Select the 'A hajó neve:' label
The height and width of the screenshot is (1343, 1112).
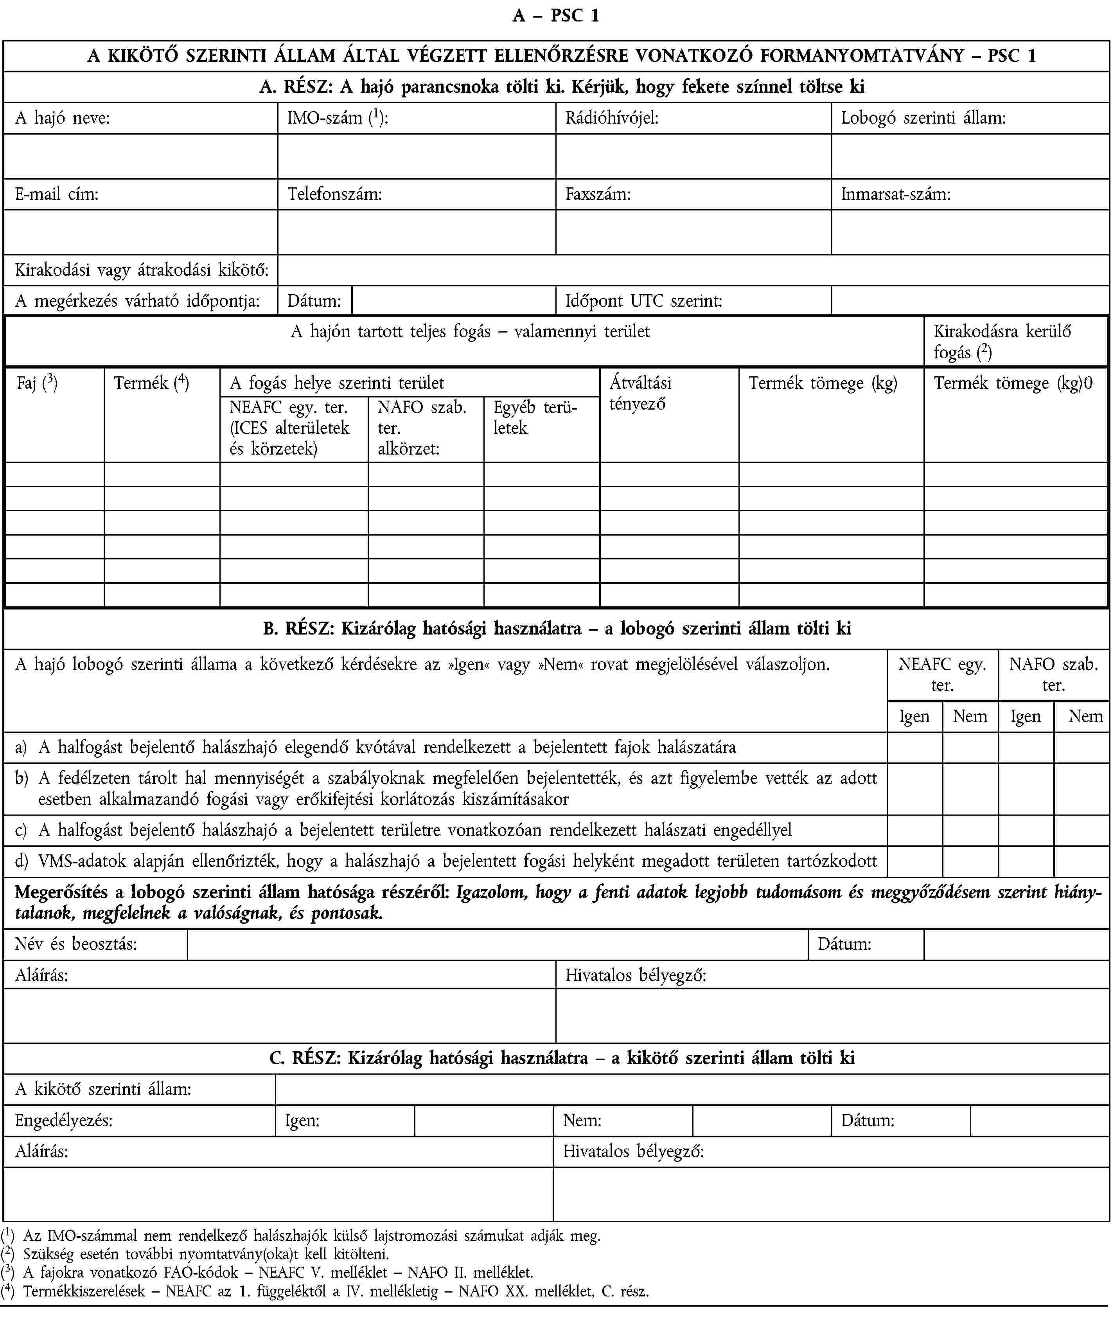[63, 118]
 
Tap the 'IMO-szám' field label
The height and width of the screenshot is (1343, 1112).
[338, 118]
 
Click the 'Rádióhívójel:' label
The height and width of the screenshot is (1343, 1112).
[611, 118]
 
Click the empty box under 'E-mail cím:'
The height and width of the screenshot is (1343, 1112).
[140, 232]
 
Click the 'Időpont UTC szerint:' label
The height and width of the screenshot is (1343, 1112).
[643, 300]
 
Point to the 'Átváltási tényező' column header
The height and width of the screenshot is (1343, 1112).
[640, 393]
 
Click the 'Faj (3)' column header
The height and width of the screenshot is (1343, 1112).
[37, 383]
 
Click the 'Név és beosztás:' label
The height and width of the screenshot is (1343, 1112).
[75, 944]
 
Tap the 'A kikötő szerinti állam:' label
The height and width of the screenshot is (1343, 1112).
[103, 1089]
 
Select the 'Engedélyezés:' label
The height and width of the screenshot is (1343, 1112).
[64, 1120]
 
